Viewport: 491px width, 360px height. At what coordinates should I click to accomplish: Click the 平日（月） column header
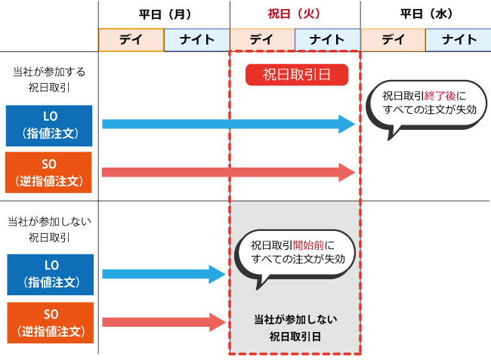(164, 14)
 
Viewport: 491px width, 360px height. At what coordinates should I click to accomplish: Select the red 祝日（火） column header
(295, 14)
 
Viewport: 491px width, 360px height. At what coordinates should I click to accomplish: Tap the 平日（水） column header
(425, 14)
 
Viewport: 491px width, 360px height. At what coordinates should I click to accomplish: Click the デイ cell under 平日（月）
(131, 40)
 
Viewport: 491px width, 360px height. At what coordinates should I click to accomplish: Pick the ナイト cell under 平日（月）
(196, 40)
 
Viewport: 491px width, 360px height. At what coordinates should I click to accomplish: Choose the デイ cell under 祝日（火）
(261, 40)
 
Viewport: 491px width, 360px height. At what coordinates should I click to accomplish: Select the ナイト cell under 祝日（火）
(327, 40)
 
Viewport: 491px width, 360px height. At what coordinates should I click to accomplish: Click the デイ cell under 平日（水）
(393, 40)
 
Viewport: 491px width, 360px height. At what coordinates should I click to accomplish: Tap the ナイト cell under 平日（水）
(458, 40)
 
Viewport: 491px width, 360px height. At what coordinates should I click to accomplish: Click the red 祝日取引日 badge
(295, 74)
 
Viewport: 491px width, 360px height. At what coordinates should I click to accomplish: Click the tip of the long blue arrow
(352, 125)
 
